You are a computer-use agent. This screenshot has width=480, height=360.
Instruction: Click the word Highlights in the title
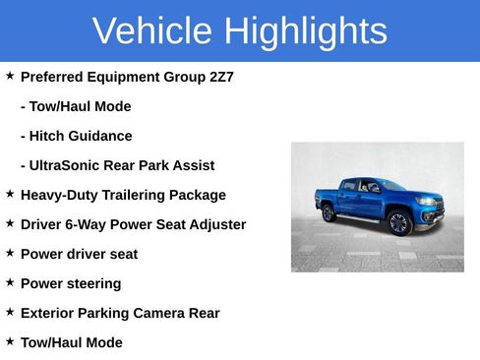click(x=305, y=31)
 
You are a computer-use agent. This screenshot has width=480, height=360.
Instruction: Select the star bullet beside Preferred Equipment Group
click(x=10, y=76)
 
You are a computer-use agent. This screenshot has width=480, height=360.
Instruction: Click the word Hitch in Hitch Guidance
click(x=50, y=136)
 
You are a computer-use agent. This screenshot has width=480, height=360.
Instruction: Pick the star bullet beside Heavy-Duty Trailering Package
click(x=10, y=194)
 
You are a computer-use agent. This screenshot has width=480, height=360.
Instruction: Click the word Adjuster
click(x=215, y=224)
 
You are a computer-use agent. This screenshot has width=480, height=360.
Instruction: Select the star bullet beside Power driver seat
click(x=10, y=253)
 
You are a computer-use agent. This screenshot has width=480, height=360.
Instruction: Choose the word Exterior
click(x=49, y=313)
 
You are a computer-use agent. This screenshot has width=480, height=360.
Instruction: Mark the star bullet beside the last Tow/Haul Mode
click(x=10, y=341)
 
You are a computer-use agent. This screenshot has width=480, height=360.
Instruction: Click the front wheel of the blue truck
click(x=398, y=223)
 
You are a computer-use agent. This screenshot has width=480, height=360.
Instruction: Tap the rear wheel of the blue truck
click(x=329, y=211)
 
